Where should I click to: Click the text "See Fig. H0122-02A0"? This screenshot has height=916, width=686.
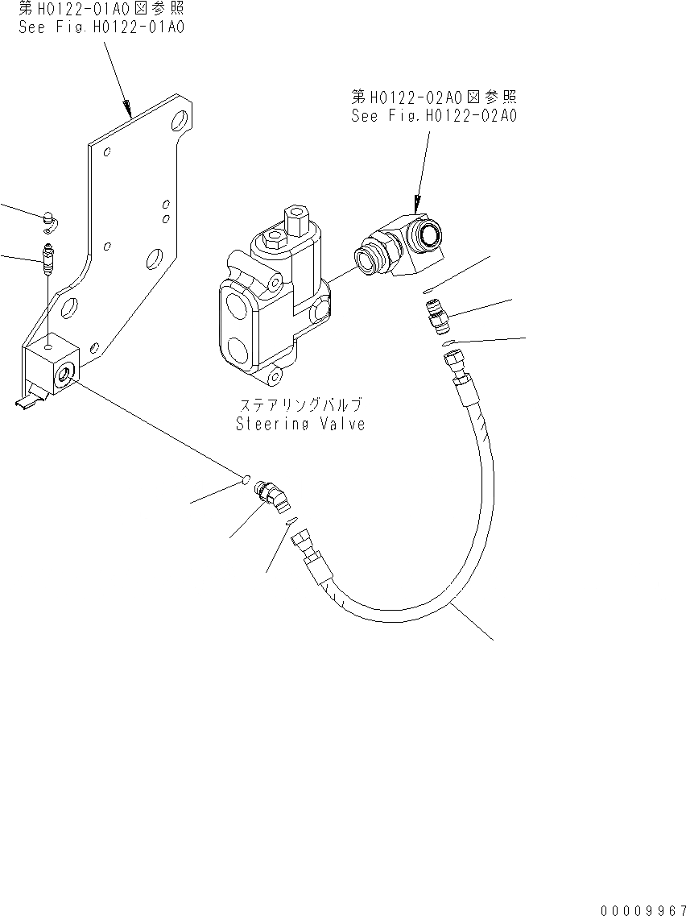click(x=433, y=115)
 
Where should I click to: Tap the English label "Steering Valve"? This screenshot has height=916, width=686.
click(x=300, y=424)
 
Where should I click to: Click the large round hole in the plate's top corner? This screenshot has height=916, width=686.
click(x=182, y=122)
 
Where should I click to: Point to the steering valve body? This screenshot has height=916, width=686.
click(x=266, y=314)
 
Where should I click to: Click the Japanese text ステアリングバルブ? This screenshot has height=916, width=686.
click(x=300, y=405)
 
